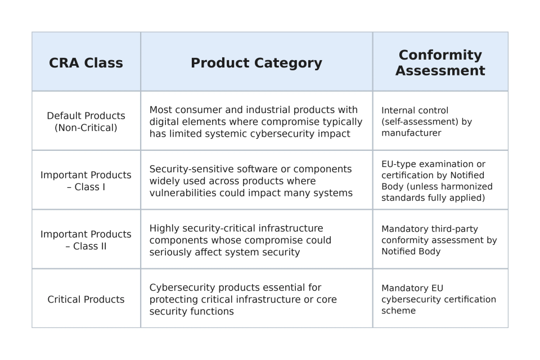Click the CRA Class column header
pyautogui.click(x=86, y=63)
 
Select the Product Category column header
pyautogui.click(x=256, y=63)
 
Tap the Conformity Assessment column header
pyautogui.click(x=440, y=62)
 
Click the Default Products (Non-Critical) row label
pyautogui.click(x=86, y=121)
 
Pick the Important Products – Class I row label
pyautogui.click(x=86, y=181)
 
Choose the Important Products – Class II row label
pyautogui.click(x=86, y=240)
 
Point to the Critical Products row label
pyautogui.click(x=86, y=299)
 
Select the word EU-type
pyautogui.click(x=400, y=164)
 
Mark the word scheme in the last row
pyautogui.click(x=398, y=310)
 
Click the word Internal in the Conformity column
pyautogui.click(x=399, y=110)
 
